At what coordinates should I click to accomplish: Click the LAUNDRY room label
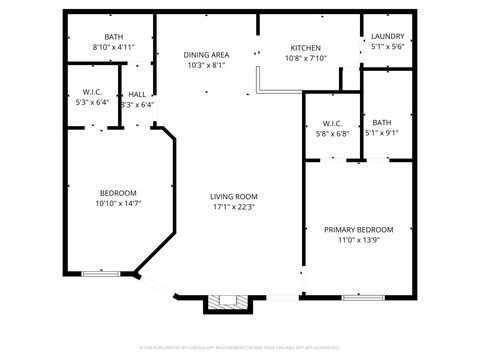pos(388,36)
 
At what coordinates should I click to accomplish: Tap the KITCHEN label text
pos(306,48)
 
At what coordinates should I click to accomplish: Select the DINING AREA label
pos(206,54)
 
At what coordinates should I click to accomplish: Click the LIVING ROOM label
pos(234,196)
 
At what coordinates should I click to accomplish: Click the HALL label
pos(137,94)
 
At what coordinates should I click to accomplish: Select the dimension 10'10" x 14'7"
pos(118,204)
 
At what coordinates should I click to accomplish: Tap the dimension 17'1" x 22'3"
pos(234,208)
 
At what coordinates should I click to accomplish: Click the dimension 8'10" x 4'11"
pos(113,47)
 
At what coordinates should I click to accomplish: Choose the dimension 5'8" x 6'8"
pos(332,133)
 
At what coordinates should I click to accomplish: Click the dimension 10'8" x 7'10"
pos(306,58)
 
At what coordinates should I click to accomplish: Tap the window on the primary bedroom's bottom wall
pos(358,297)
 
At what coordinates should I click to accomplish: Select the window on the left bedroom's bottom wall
pos(100,273)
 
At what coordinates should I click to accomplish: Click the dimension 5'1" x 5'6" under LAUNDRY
pos(388,47)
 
